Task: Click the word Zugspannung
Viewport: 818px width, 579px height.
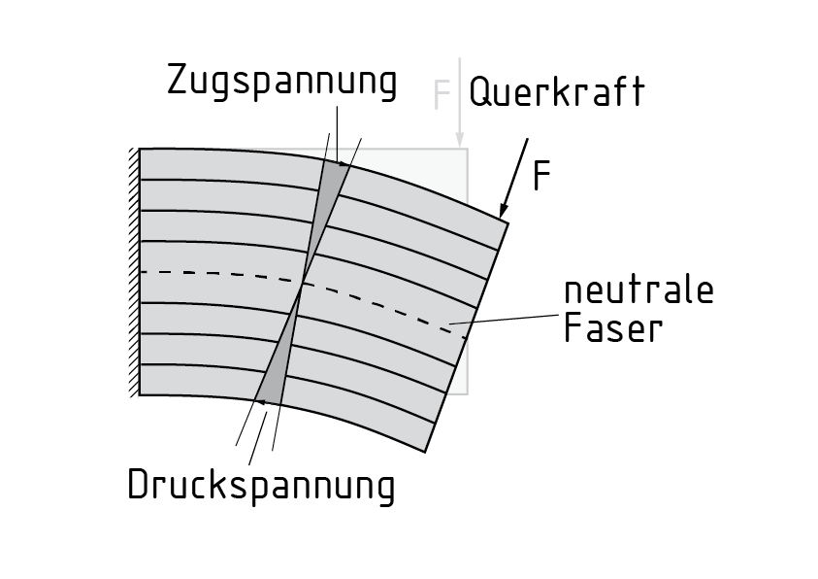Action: pos(282,84)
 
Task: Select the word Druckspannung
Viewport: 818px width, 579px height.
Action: pos(261,485)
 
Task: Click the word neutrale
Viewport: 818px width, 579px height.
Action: pos(638,290)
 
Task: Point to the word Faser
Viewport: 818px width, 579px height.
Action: pos(613,328)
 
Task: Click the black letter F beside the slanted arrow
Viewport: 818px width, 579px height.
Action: pos(541,176)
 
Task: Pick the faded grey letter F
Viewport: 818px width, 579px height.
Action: pos(442,94)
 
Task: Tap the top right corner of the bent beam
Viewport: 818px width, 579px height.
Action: pos(508,222)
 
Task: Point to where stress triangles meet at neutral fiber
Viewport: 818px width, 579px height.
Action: pos(303,284)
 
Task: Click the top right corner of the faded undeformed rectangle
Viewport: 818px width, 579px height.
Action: pos(468,149)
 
